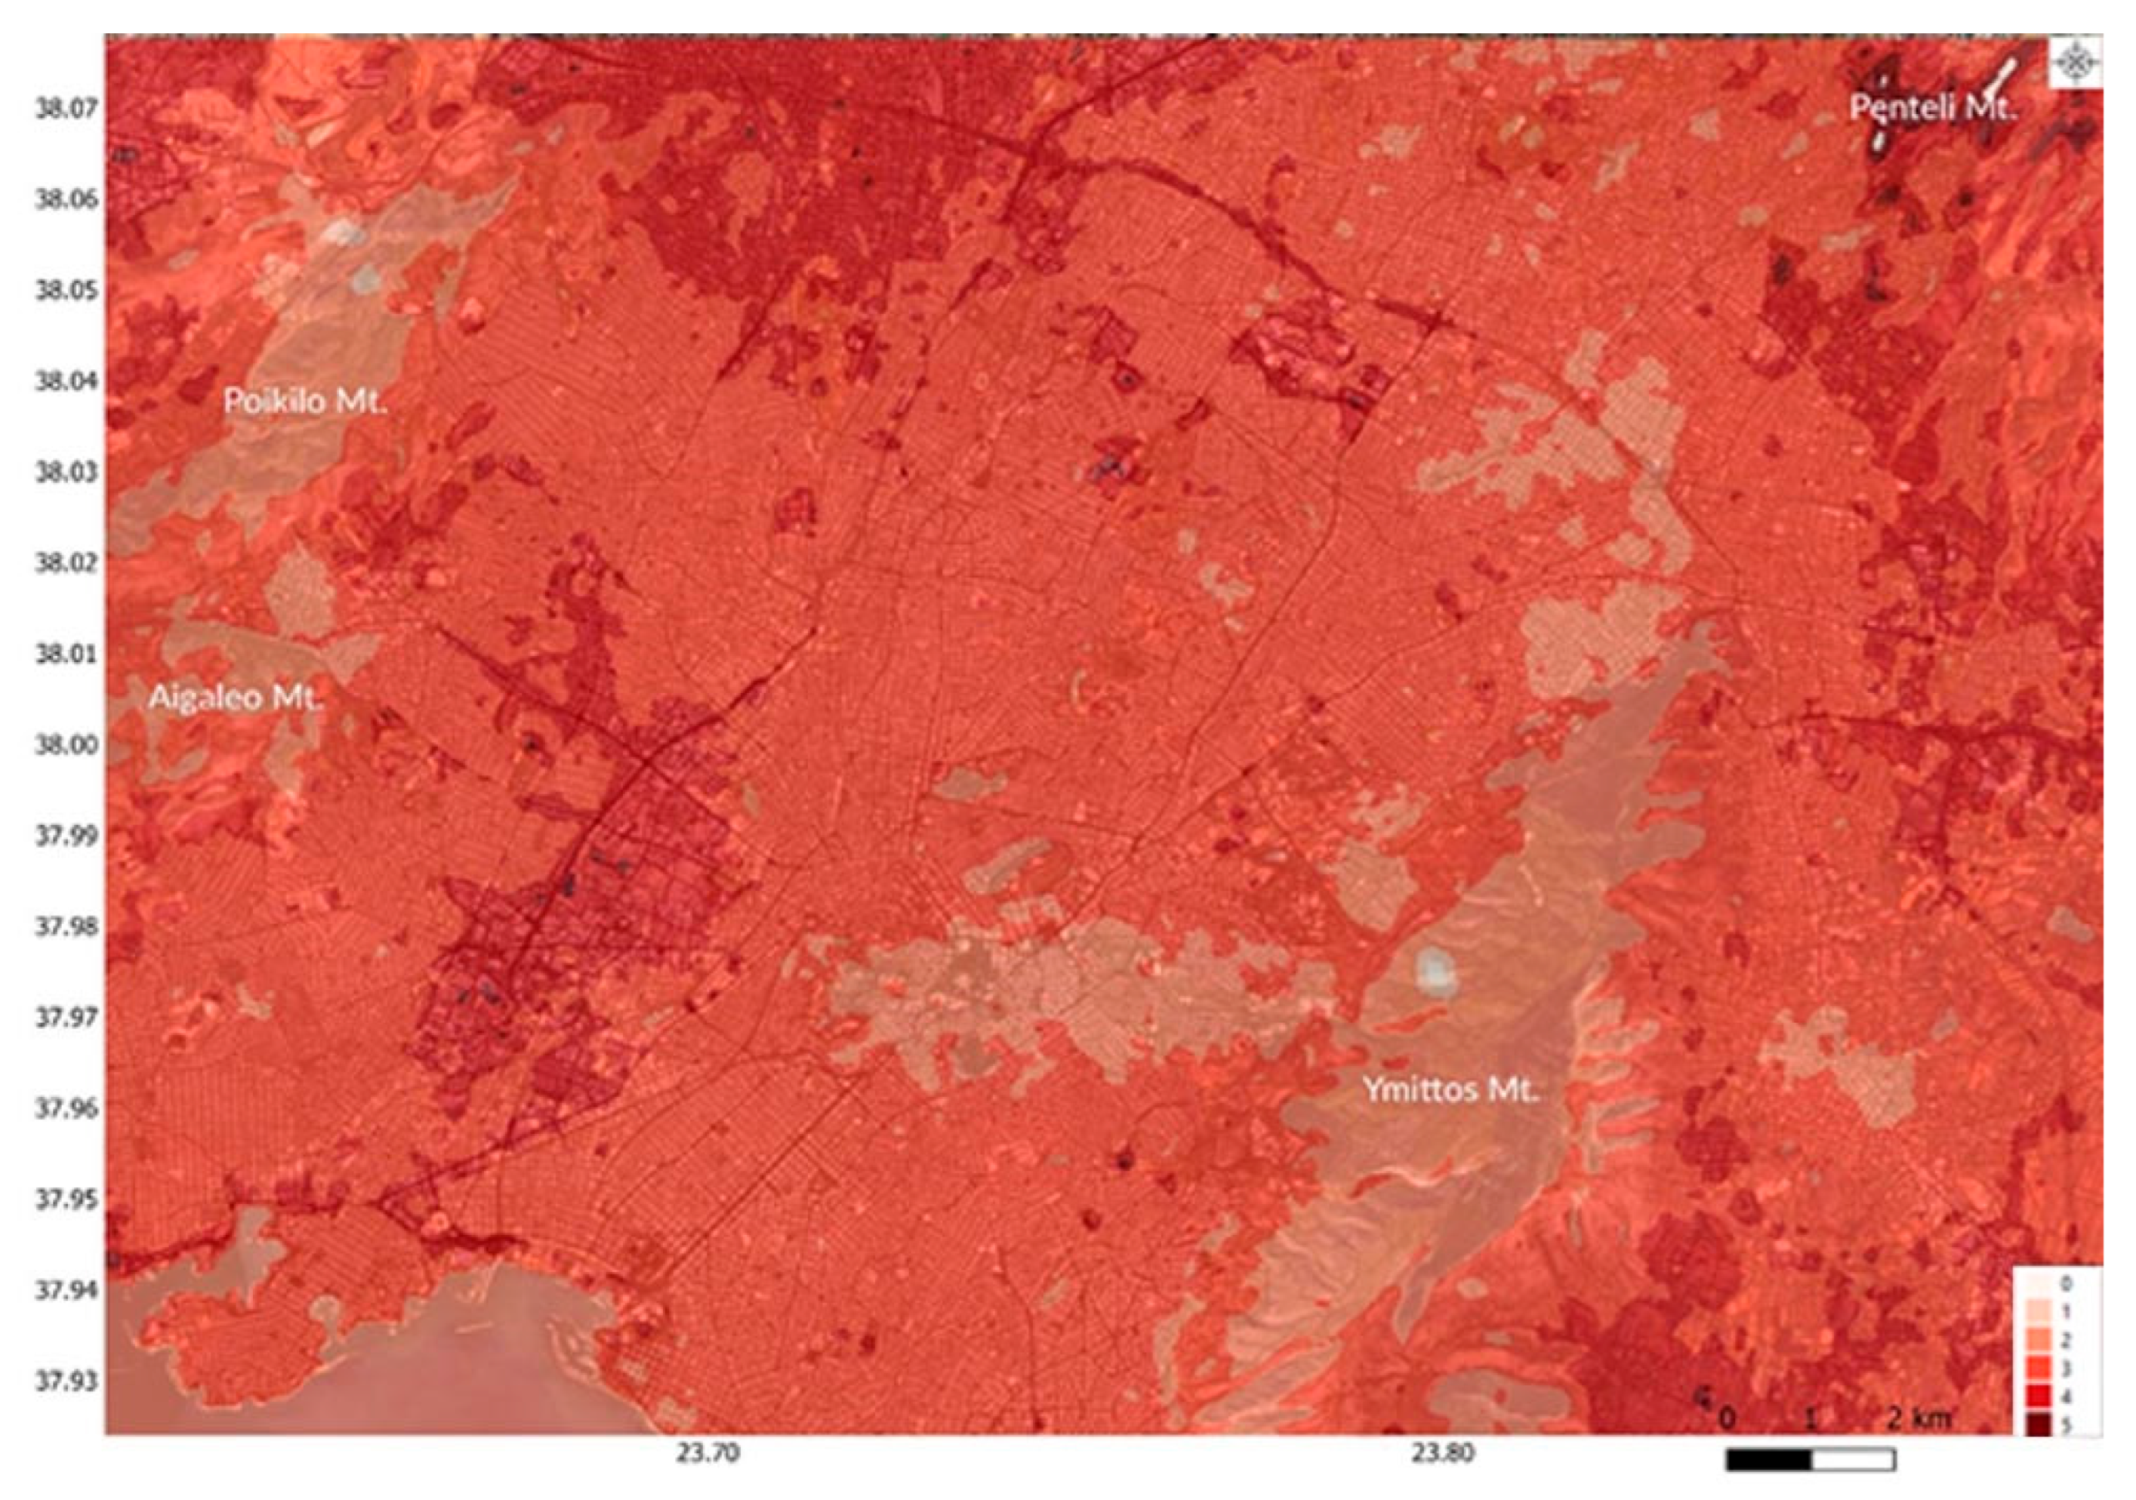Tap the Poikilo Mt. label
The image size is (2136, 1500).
305,402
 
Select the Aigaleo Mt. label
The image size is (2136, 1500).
235,698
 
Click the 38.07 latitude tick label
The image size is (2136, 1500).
65,109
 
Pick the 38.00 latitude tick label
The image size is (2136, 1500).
65,745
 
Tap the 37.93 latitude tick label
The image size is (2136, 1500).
65,1381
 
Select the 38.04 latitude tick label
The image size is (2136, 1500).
65,382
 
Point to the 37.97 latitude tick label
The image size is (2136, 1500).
65,1018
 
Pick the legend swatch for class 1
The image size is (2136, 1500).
2032,1311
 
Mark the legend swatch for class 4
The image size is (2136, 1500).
2032,1397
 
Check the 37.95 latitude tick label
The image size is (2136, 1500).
65,1199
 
